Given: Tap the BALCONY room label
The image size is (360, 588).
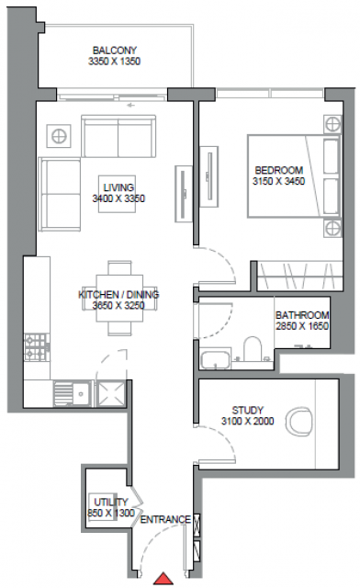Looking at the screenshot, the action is pyautogui.click(x=115, y=51).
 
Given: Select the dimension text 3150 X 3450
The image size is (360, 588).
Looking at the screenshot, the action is pyautogui.click(x=278, y=182).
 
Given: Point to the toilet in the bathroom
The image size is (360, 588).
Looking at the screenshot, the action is pyautogui.click(x=253, y=348).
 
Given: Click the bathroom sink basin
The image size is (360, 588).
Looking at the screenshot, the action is pyautogui.click(x=215, y=359).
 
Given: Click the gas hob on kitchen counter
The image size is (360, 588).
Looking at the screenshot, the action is pyautogui.click(x=37, y=347).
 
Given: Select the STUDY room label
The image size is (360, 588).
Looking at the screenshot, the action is pyautogui.click(x=248, y=411).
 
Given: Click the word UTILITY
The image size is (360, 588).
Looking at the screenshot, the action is pyautogui.click(x=111, y=503).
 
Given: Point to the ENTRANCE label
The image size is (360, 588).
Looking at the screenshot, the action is pyautogui.click(x=165, y=520).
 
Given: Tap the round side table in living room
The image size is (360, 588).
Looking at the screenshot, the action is pyautogui.click(x=59, y=135).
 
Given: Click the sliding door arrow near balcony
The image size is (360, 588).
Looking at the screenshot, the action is pyautogui.click(x=130, y=106).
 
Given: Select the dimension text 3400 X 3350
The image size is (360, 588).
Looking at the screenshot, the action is pyautogui.click(x=118, y=198).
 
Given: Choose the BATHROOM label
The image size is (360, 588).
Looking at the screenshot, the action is pyautogui.click(x=302, y=315).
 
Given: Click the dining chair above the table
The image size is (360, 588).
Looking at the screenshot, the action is pyautogui.click(x=119, y=267).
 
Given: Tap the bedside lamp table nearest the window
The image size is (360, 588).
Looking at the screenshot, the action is pyautogui.click(x=332, y=124).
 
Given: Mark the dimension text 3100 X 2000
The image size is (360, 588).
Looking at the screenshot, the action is pyautogui.click(x=248, y=421).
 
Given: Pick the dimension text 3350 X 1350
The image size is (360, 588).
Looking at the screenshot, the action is pyautogui.click(x=115, y=62).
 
